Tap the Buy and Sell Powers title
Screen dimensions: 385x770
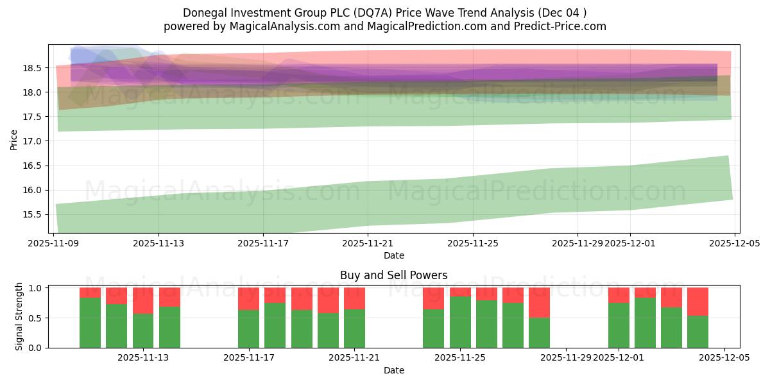[x=394, y=275]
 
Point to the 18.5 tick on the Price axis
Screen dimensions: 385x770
[x=33, y=68]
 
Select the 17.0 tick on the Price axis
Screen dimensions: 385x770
[x=33, y=141]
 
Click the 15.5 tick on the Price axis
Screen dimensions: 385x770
[x=33, y=214]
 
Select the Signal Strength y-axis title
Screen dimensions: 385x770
[x=19, y=316]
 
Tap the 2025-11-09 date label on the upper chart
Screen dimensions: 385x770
[x=53, y=243]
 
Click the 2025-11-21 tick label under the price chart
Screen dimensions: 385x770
[x=368, y=243]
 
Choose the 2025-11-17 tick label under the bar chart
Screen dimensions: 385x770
[x=249, y=358]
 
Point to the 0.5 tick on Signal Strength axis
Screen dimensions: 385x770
[x=36, y=318]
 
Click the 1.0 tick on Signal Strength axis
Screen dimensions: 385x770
[x=36, y=288]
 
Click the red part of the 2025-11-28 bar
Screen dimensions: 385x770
[x=540, y=302]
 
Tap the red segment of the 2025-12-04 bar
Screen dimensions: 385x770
[x=697, y=302]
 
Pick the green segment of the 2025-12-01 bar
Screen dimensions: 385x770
[x=619, y=325]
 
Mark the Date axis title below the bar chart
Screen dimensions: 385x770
[x=394, y=370]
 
